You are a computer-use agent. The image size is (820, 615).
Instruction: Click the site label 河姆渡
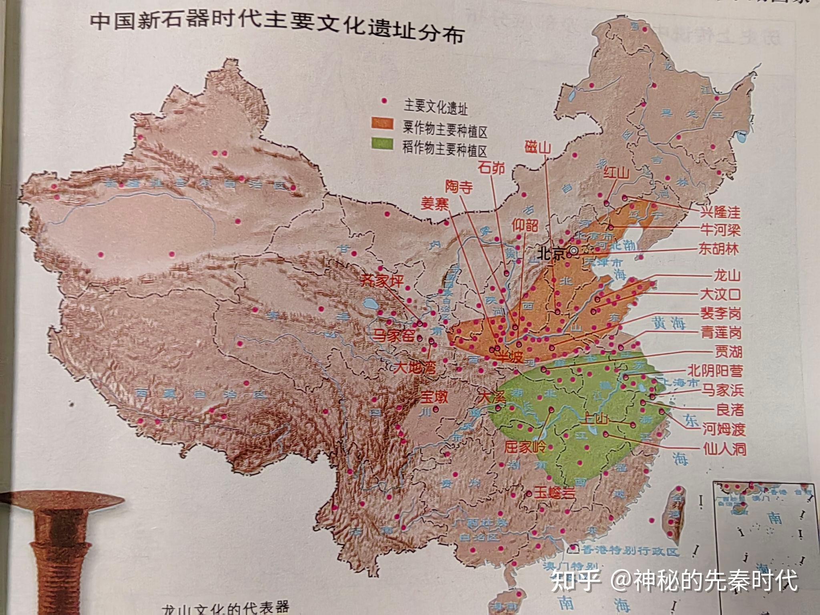coord(724,429)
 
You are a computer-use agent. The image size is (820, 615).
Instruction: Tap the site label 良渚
coord(730,409)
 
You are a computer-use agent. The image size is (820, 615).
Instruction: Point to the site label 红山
coord(617,173)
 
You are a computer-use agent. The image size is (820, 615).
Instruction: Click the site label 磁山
coord(538,148)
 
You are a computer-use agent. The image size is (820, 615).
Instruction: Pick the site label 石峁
coord(491,167)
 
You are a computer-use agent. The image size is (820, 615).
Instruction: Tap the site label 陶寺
coord(459,187)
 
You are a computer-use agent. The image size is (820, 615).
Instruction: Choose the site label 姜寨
coord(434,204)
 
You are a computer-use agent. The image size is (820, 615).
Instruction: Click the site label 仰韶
coord(525,225)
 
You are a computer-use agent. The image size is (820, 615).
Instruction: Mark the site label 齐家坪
coord(382,281)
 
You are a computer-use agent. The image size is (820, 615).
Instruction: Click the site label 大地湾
coord(415,367)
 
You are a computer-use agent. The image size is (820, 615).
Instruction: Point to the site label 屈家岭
coord(525,446)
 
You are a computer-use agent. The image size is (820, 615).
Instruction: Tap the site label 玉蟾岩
coord(555,493)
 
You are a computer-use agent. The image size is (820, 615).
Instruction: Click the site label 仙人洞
coord(725,449)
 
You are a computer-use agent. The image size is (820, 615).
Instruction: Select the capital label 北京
coord(551,253)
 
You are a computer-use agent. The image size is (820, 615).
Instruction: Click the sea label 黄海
coord(668,323)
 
